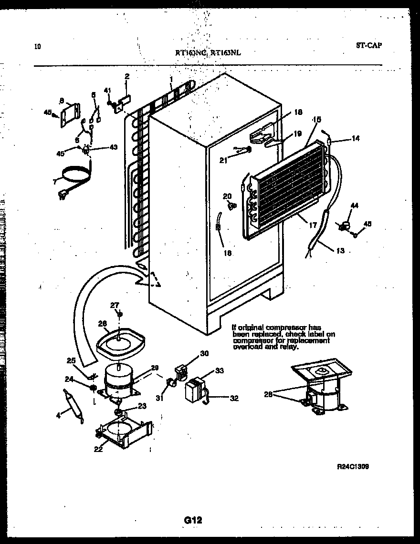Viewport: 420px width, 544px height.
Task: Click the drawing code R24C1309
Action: [x=353, y=467]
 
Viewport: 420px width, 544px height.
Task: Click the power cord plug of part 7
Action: [x=62, y=194]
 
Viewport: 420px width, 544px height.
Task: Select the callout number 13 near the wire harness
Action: [x=340, y=251]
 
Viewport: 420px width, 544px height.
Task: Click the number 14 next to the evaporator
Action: [x=356, y=139]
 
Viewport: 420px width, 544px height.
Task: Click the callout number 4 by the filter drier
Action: [x=59, y=415]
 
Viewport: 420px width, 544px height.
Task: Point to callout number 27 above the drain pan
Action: [x=115, y=305]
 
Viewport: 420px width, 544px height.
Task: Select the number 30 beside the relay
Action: [x=204, y=353]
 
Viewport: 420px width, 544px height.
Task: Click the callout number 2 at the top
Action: [x=127, y=76]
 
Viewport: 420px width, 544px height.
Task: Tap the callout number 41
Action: [x=107, y=90]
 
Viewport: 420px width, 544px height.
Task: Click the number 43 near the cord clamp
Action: [x=113, y=146]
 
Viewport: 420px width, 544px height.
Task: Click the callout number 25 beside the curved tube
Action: [x=71, y=360]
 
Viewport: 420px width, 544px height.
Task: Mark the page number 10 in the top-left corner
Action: [x=38, y=47]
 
